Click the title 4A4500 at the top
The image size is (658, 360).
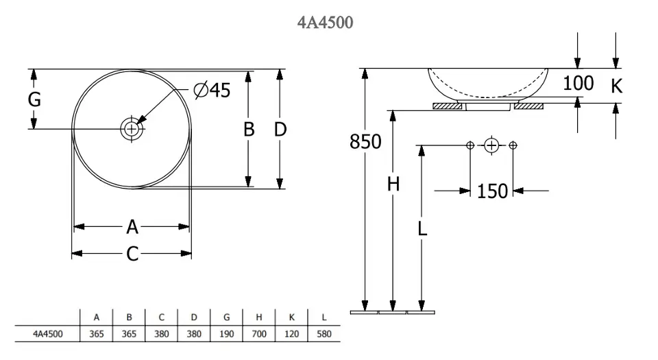tap(326, 23)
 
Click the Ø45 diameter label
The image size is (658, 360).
tap(212, 90)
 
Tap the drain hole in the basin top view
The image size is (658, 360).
tap(132, 128)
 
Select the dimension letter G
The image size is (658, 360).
tap(34, 100)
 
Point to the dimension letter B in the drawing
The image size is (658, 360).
tap(249, 129)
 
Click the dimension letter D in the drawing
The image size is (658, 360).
tap(280, 129)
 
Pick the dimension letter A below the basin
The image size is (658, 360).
tap(132, 226)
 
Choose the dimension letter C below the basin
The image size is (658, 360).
tap(132, 254)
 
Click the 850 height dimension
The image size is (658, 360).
tap(365, 142)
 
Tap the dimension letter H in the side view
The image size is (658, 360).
tap(393, 184)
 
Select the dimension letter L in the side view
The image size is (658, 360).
tap(422, 228)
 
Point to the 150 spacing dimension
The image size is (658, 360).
tap(492, 191)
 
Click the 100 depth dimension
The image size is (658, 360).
tap(578, 84)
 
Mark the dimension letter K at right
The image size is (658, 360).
tap(616, 86)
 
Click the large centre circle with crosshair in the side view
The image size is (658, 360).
tap(491, 145)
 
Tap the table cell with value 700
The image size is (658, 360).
tap(259, 335)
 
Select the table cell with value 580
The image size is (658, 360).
tap(324, 335)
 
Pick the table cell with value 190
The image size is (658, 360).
tap(227, 335)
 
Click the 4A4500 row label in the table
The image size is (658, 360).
tap(49, 335)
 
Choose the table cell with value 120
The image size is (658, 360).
tap(291, 335)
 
